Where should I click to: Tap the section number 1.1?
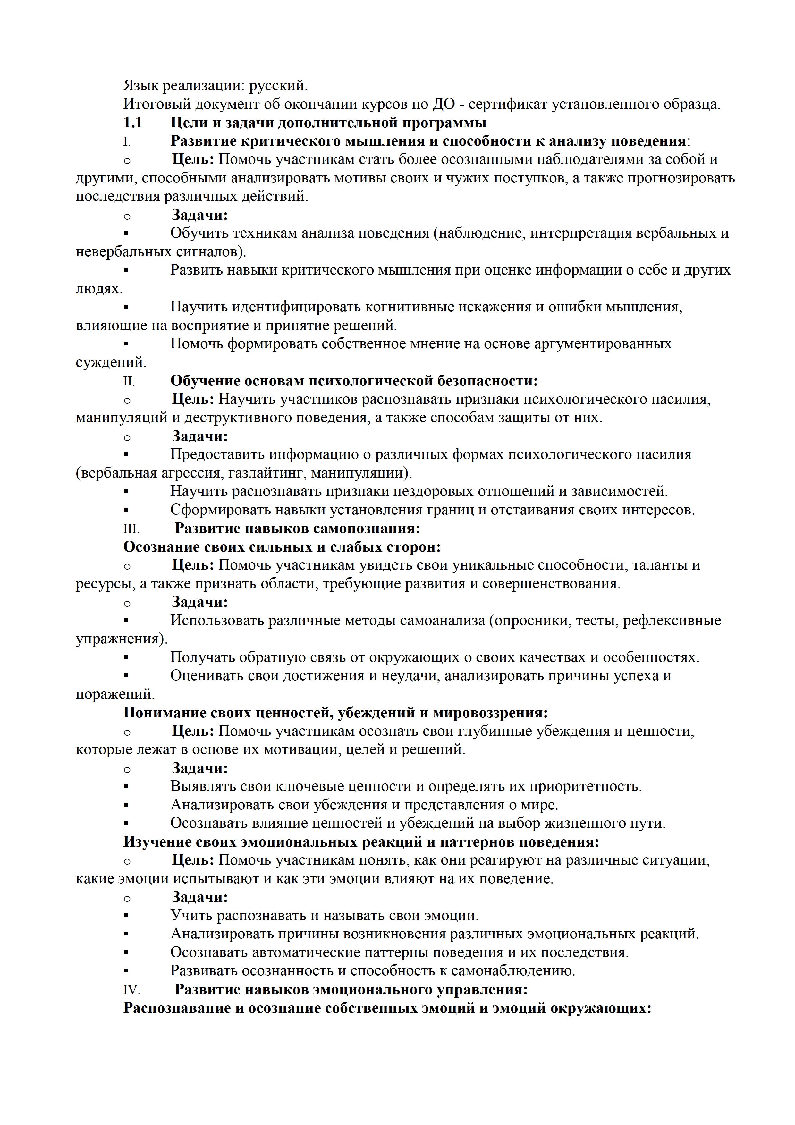pos(133,123)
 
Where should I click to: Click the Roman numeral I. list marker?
pos(127,142)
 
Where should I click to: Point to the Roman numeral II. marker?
pos(129,381)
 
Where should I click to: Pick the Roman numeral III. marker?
pos(131,529)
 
